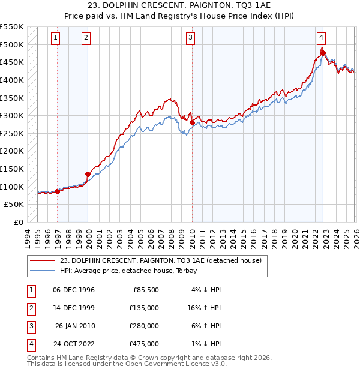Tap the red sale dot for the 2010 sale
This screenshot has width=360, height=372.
pyautogui.click(x=192, y=123)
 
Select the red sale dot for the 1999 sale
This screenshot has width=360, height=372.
pyautogui.click(x=88, y=175)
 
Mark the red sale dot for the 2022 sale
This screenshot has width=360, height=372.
pyautogui.click(x=323, y=53)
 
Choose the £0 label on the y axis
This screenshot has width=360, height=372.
pyautogui.click(x=18, y=222)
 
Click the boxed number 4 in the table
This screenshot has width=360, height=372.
pyautogui.click(x=30, y=344)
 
